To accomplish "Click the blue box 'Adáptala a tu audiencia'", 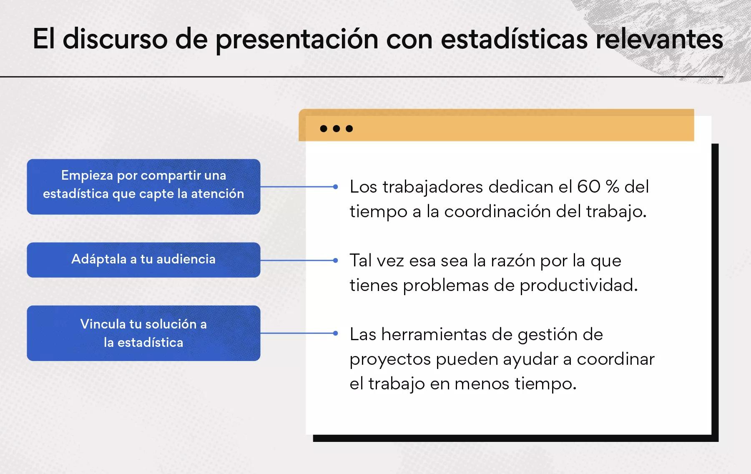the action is pyautogui.click(x=143, y=260).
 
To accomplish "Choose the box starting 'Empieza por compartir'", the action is pyautogui.click(x=143, y=187).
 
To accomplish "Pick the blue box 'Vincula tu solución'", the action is pyautogui.click(x=143, y=333).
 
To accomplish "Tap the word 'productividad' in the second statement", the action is pyautogui.click(x=578, y=286).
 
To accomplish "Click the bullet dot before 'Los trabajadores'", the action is pyautogui.click(x=335, y=187).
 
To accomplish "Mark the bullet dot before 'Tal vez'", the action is pyautogui.click(x=335, y=261).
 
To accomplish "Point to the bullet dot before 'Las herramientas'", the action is pyautogui.click(x=335, y=333).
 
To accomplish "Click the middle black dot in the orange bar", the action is pyautogui.click(x=336, y=128).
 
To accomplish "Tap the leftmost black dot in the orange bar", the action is pyautogui.click(x=324, y=128).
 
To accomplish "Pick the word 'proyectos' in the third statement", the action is pyautogui.click(x=390, y=360).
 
